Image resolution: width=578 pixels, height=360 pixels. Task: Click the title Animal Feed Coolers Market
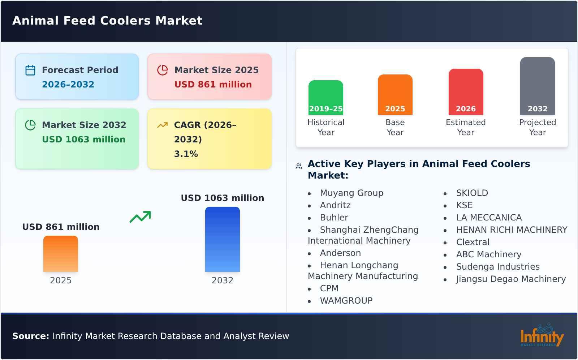coord(107,21)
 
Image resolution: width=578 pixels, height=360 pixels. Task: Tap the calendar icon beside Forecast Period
coord(30,70)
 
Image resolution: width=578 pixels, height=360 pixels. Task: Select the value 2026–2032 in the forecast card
coord(68,85)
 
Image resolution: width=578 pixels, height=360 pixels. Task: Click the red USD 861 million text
coord(213,85)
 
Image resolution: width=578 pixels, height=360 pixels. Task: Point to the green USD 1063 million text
coord(83,140)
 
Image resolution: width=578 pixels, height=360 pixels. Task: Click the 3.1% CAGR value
coord(186,154)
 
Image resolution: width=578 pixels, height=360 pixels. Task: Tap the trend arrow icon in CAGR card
coord(162,125)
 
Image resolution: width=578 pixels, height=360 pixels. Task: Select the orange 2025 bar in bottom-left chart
coord(61,254)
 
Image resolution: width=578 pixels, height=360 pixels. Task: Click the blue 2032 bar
coord(222,239)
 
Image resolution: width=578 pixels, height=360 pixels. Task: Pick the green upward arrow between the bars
coord(140,217)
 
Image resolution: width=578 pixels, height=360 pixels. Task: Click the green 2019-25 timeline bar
coord(325,98)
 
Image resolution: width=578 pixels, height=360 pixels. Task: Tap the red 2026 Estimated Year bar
coord(466,92)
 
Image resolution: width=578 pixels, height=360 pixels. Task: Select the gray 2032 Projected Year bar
coord(537,86)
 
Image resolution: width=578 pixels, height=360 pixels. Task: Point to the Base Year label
coord(395,127)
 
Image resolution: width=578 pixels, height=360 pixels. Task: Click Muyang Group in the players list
coord(351,193)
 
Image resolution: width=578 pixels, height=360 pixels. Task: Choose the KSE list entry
coord(464,205)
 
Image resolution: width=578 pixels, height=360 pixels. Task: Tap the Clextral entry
coord(473,242)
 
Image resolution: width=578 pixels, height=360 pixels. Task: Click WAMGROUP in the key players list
coord(346,301)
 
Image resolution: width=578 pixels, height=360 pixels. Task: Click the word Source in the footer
coord(30,336)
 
